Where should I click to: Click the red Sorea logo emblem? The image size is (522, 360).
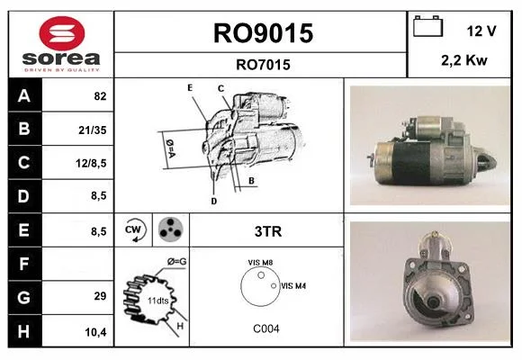(x=62, y=33)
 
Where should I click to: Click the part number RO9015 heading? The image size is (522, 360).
(x=263, y=33)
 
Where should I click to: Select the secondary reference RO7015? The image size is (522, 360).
(x=263, y=65)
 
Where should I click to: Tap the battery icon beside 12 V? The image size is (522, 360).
(x=427, y=26)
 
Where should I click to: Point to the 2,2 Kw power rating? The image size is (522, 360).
(x=464, y=60)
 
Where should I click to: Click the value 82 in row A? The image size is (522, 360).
(x=100, y=96)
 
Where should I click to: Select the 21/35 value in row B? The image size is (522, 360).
(x=93, y=130)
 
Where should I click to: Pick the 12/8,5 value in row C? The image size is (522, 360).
(x=91, y=163)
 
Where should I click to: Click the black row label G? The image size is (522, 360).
(x=25, y=297)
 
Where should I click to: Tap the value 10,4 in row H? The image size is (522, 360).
(x=96, y=332)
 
